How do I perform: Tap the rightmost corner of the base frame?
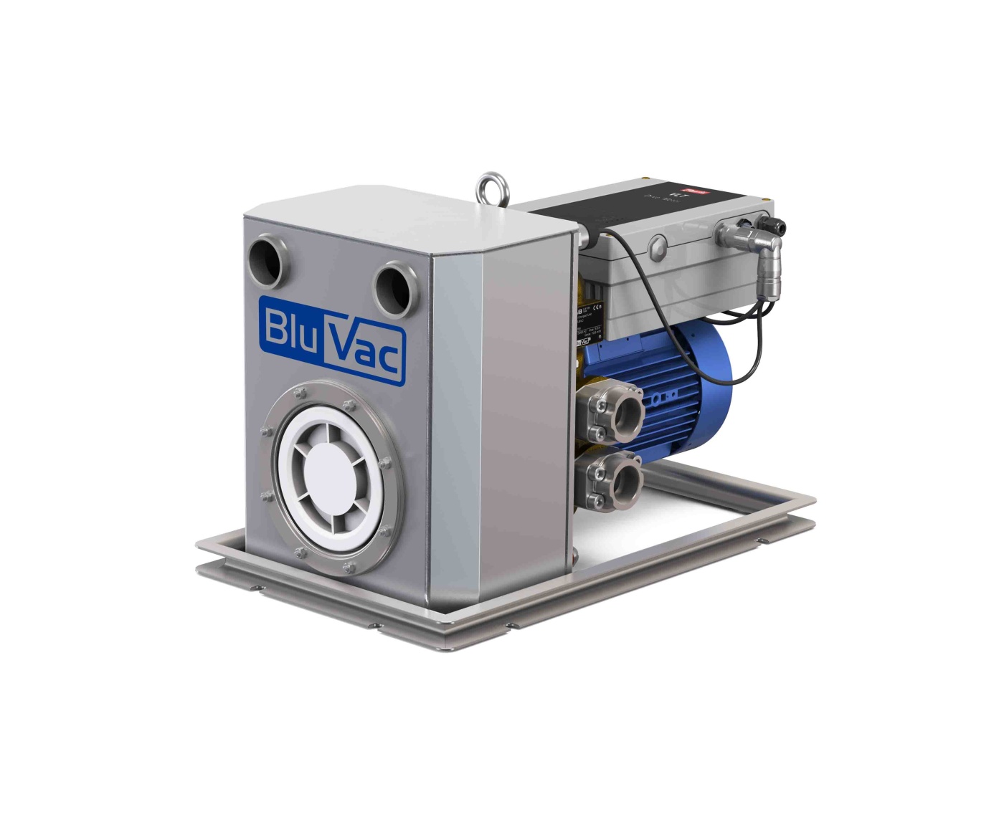(x=815, y=502)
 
